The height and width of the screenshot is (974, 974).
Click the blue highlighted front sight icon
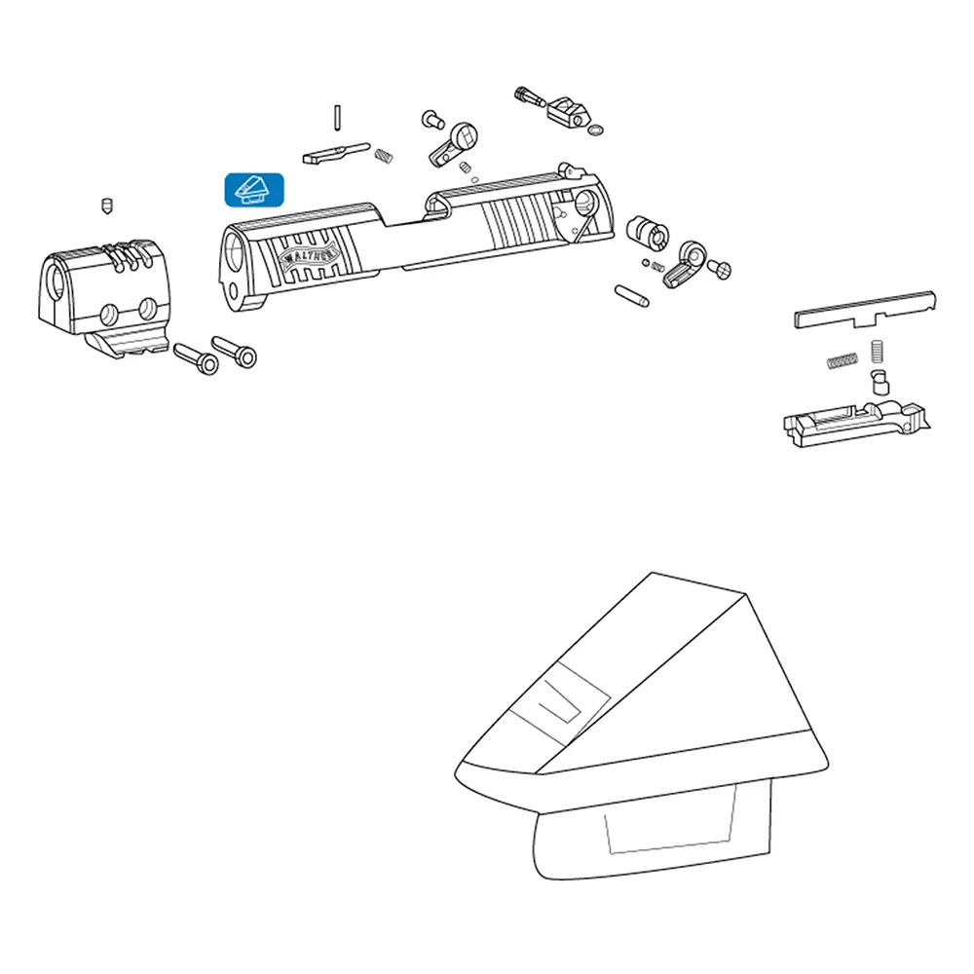tap(254, 190)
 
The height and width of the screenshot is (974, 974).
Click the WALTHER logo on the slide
tap(309, 256)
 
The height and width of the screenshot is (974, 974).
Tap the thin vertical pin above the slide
tap(337, 118)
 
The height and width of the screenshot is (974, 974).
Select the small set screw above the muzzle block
tap(107, 206)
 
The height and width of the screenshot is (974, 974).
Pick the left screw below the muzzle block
tap(196, 359)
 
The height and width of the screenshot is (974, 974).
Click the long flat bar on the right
tap(865, 310)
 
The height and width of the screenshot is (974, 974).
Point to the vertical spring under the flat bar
tap(877, 351)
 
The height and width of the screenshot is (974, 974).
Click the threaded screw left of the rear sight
tap(530, 97)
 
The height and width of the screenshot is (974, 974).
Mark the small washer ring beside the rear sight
tap(594, 130)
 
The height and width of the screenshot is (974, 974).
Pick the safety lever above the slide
tap(454, 145)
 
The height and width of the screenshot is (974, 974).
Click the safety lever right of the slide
tap(685, 265)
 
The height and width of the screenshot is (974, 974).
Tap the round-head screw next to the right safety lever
tap(720, 269)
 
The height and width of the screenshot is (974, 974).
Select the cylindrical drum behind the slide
tap(648, 232)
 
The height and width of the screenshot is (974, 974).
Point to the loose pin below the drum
tap(632, 296)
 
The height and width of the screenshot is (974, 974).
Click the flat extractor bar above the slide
tap(336, 153)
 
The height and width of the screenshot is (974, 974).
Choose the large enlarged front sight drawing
tap(642, 726)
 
